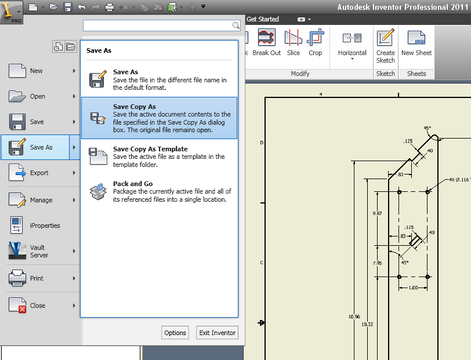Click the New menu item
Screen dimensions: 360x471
(36, 71)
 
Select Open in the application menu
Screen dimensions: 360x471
(37, 96)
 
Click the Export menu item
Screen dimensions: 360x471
(39, 173)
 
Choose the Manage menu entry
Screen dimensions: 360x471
(41, 200)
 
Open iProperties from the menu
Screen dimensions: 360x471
(45, 226)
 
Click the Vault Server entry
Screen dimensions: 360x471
(39, 251)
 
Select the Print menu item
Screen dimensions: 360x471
(37, 278)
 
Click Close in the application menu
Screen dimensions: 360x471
(37, 306)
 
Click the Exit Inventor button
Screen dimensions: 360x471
(217, 333)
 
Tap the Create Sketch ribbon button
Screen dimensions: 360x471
(385, 46)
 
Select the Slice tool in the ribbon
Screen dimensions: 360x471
(294, 44)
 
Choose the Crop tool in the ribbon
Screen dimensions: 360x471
(315, 44)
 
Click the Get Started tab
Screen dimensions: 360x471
(263, 19)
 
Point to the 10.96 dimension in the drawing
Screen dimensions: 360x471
(354, 317)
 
